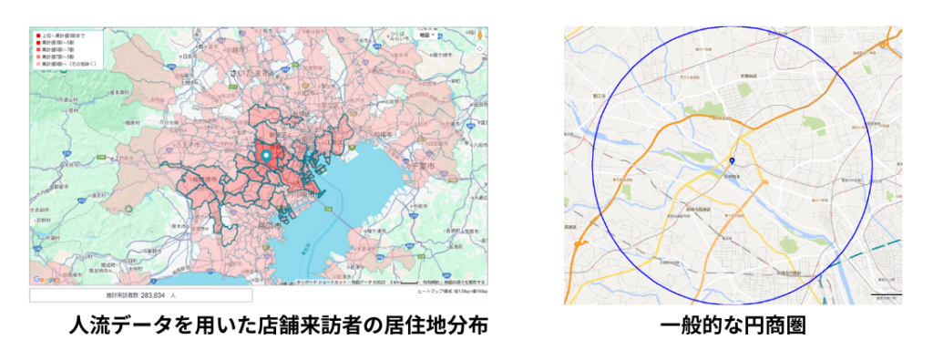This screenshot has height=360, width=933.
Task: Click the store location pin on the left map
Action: pyautogui.click(x=266, y=157)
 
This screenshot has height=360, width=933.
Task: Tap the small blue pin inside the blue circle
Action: pyautogui.click(x=731, y=162)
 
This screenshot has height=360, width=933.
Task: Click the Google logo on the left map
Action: pyautogui.click(x=46, y=280)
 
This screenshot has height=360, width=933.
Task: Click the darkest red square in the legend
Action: pyautogui.click(x=37, y=36)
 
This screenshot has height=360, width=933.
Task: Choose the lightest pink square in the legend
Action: pyautogui.click(x=37, y=65)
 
